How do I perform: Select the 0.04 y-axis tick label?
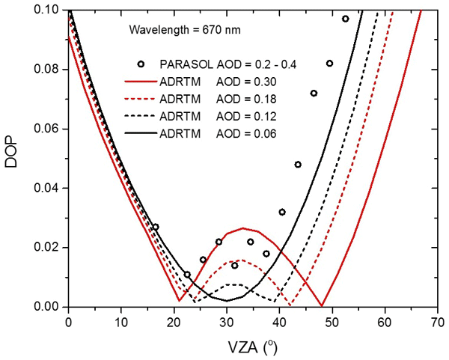coord(50,188)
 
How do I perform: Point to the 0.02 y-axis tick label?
coord(50,247)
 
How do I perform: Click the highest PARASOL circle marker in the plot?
coord(345,19)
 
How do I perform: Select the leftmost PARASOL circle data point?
coord(156,227)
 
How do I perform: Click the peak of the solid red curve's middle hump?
coord(242,228)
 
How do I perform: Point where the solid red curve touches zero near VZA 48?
coord(322,305)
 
